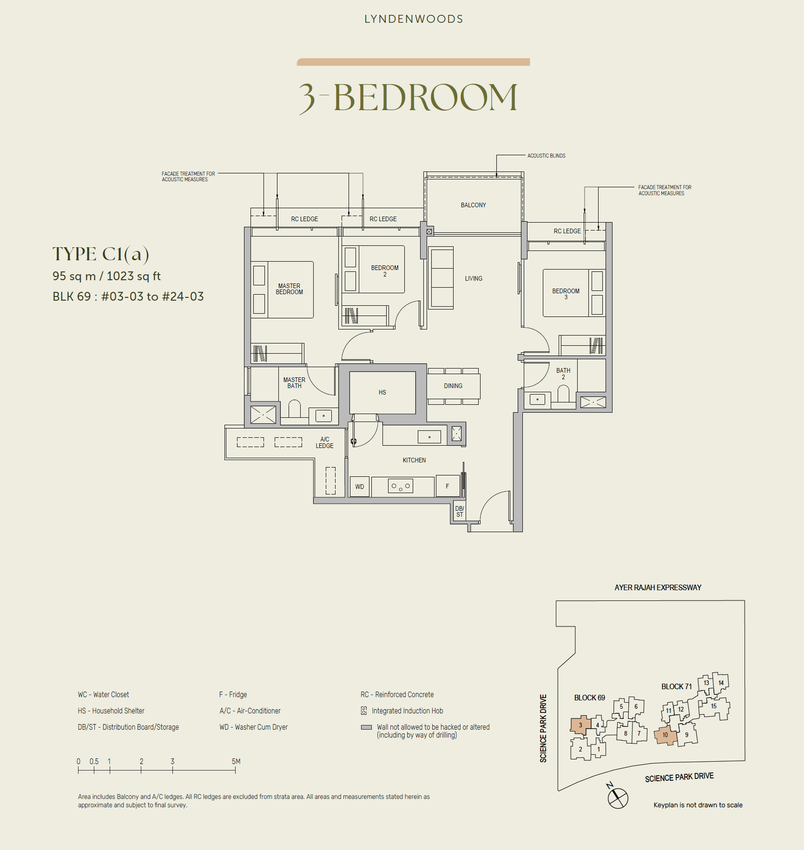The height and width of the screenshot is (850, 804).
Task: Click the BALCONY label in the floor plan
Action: pyautogui.click(x=473, y=205)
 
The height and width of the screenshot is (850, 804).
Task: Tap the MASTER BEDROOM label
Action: pyautogui.click(x=289, y=289)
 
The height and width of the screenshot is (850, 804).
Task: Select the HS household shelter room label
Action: pyautogui.click(x=382, y=392)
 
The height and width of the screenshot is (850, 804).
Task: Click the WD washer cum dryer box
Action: pyautogui.click(x=359, y=487)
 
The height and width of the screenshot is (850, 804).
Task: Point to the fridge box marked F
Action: pyautogui.click(x=448, y=486)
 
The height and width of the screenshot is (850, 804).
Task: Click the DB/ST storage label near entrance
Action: pyautogui.click(x=459, y=512)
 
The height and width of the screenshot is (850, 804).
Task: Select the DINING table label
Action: pyautogui.click(x=453, y=386)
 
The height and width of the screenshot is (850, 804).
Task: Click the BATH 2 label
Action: pyautogui.click(x=563, y=374)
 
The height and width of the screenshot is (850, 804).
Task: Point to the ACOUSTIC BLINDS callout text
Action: pyautogui.click(x=546, y=156)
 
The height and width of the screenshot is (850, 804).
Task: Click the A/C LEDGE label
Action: pyautogui.click(x=324, y=442)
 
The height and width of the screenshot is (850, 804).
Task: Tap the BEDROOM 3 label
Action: pyautogui.click(x=566, y=294)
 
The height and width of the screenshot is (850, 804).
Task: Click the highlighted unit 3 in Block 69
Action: pyautogui.click(x=580, y=725)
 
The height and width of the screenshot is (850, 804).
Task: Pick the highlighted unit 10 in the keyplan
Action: pyautogui.click(x=665, y=735)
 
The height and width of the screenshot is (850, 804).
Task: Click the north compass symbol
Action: pyautogui.click(x=618, y=797)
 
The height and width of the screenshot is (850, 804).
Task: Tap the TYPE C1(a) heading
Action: pyautogui.click(x=100, y=254)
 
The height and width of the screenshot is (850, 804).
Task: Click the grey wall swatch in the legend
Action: pyautogui.click(x=366, y=727)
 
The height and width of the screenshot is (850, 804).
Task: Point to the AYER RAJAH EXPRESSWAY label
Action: pyautogui.click(x=658, y=587)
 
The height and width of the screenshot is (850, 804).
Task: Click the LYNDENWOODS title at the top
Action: pyautogui.click(x=414, y=19)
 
